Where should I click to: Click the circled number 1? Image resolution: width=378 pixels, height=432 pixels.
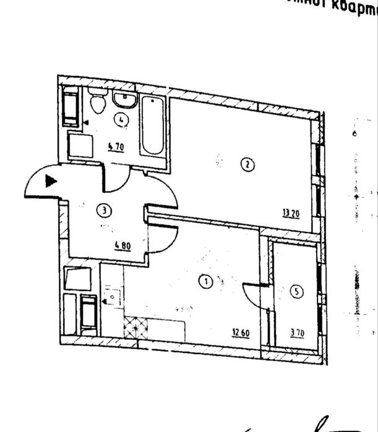tap(206, 282)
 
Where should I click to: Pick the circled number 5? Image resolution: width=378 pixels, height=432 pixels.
tap(298, 292)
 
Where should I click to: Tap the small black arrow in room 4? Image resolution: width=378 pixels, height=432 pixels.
tap(87, 123)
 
